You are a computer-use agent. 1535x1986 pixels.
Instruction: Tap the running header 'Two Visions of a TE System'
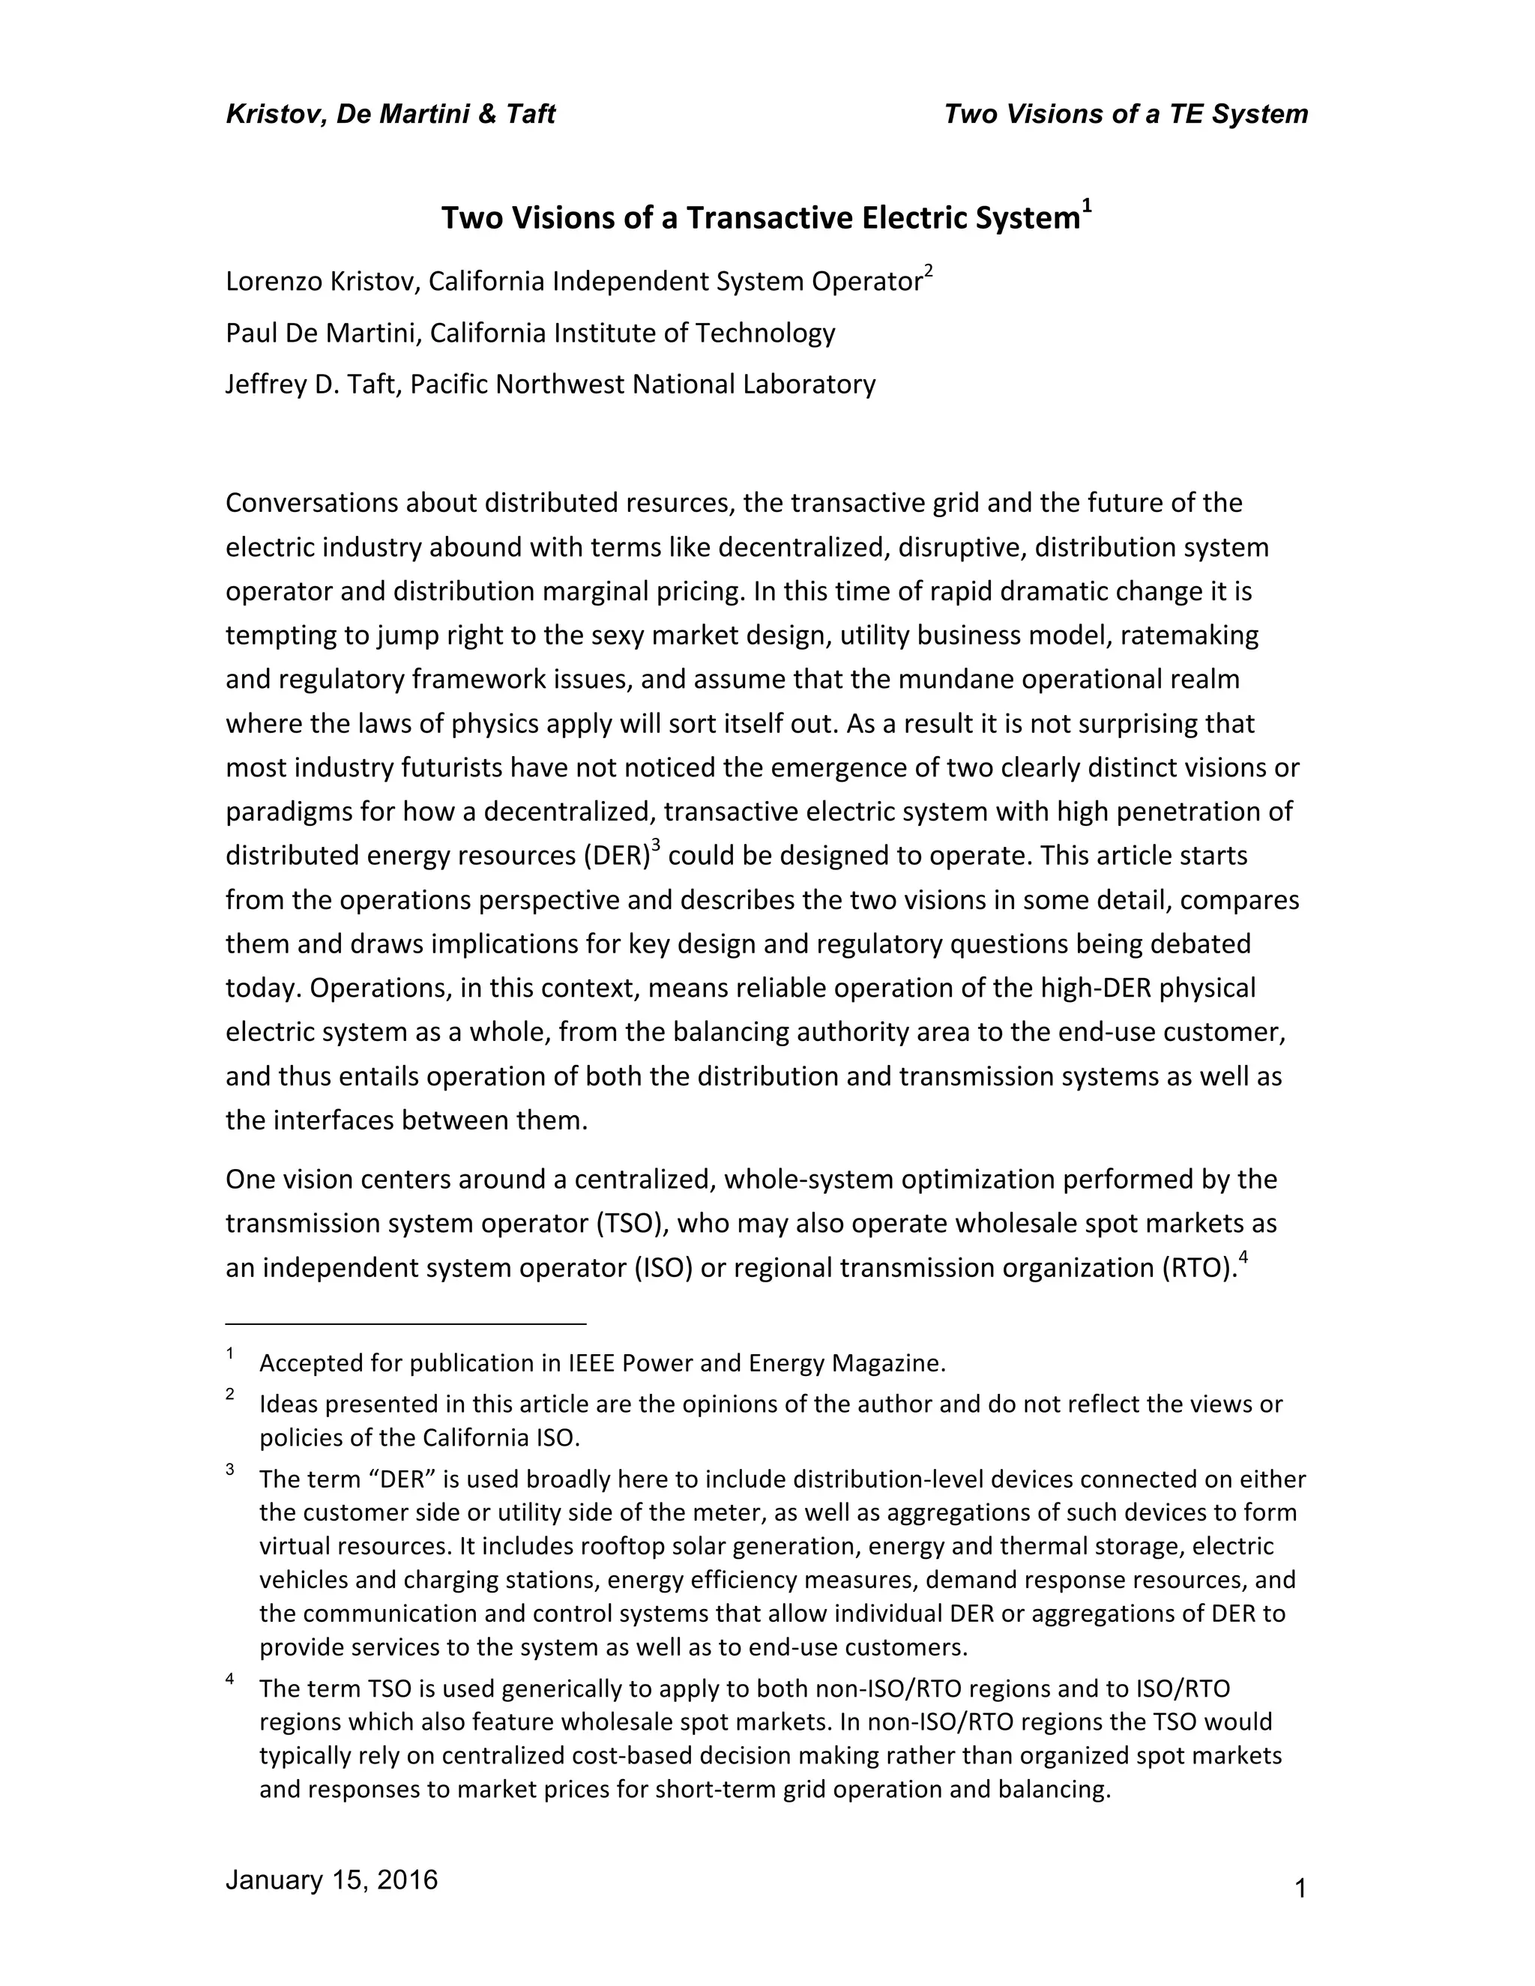tap(1126, 115)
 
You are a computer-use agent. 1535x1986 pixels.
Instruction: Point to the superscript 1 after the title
tap(1087, 208)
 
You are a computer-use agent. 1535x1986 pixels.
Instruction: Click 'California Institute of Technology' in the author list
tap(632, 333)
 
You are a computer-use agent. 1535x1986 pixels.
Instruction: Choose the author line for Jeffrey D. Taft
tap(550, 384)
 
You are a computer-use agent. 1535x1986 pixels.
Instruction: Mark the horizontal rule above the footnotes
tap(405, 1324)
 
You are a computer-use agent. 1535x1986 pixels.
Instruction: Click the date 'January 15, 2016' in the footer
tap(331, 1880)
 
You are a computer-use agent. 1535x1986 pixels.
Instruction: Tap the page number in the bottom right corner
tap(1300, 1889)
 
